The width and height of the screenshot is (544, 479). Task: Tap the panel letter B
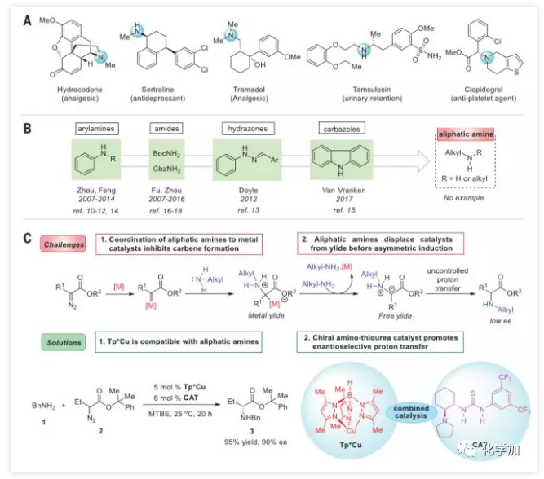coord(29,127)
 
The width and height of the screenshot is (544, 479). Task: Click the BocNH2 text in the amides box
coord(166,152)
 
